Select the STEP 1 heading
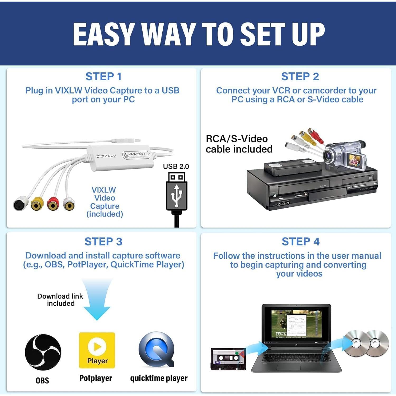(103, 77)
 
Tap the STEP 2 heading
(300, 77)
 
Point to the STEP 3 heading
(103, 242)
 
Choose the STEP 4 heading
(300, 242)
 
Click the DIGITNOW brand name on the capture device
(106, 156)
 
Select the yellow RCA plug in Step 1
(37, 204)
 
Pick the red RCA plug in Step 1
(53, 204)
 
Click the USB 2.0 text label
(176, 166)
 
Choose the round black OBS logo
(43, 352)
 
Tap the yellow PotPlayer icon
(97, 350)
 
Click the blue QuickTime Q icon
(157, 350)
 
